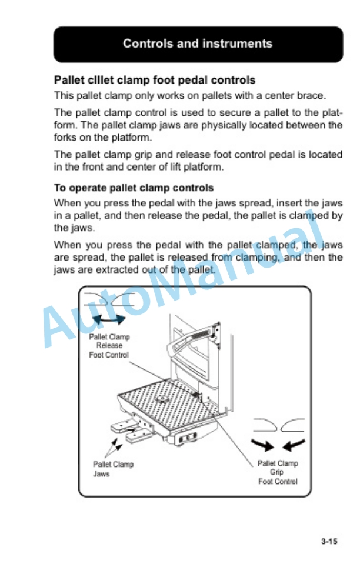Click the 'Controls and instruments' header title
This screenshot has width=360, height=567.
[197, 44]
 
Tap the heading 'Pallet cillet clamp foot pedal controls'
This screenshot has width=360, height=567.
[155, 80]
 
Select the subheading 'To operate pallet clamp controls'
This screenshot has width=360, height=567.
[134, 188]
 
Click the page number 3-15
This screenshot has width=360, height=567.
[329, 541]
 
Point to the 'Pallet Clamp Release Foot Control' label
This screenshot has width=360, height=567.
[109, 346]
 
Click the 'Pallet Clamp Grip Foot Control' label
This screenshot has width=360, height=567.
[278, 472]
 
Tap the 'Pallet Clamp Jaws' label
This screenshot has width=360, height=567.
[114, 469]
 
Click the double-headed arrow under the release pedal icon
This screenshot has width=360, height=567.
[109, 319]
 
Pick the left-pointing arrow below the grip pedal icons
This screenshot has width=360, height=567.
[294, 445]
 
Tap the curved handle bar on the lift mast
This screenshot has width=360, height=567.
[192, 339]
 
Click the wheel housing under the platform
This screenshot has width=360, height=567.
[186, 438]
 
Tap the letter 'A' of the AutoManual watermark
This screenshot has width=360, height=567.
[59, 326]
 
